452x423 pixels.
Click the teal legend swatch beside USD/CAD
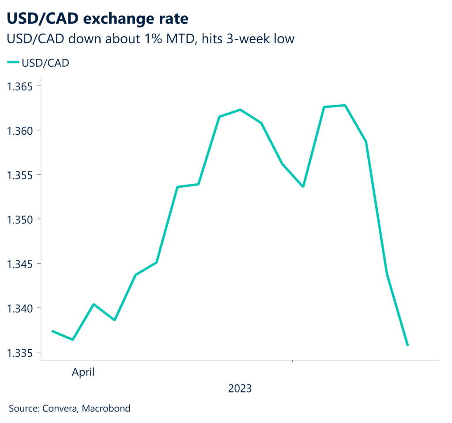pyautogui.click(x=13, y=63)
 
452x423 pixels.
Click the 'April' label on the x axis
pyautogui.click(x=83, y=372)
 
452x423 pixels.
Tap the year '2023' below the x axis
pyautogui.click(x=240, y=389)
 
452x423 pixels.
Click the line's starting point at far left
pyautogui.click(x=52, y=331)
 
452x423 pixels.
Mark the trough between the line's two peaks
pyautogui.click(x=303, y=186)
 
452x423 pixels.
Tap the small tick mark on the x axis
pyautogui.click(x=292, y=362)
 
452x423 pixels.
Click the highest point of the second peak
pyautogui.click(x=345, y=105)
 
